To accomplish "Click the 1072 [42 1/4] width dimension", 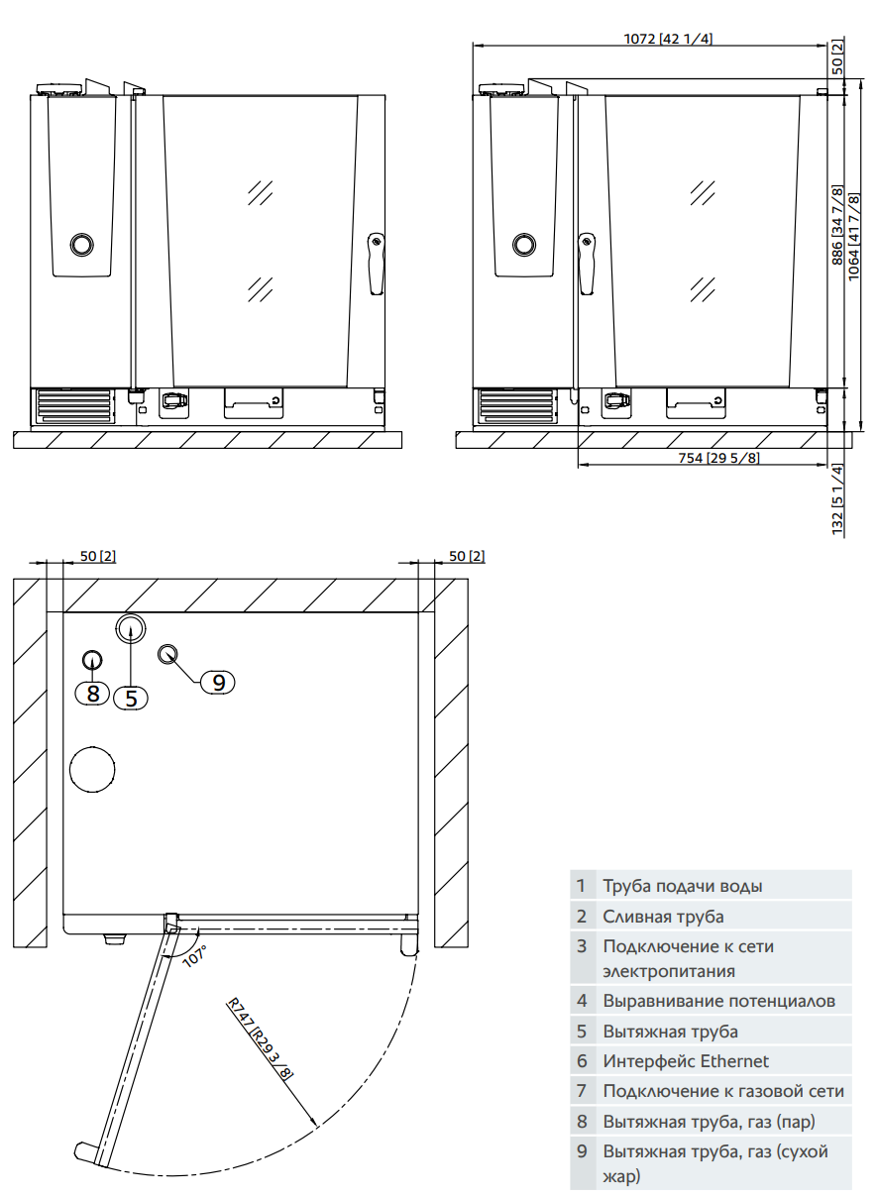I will tap(668, 39).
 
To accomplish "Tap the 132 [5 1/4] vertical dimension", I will tap(837, 499).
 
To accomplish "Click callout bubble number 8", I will tap(93, 693).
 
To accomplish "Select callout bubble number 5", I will tap(131, 698).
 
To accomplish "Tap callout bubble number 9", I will tap(218, 681).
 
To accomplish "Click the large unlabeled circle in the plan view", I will tap(92, 768).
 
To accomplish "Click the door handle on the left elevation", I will tap(376, 264).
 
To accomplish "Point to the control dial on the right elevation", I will tap(524, 244).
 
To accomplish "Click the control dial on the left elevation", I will tap(81, 244).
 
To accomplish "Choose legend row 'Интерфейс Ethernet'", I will tap(686, 1061).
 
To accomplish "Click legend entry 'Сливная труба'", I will tap(663, 917).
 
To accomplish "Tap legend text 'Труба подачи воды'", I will tap(683, 886).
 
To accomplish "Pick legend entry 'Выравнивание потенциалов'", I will tap(718, 1001).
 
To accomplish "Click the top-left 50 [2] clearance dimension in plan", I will tap(97, 556).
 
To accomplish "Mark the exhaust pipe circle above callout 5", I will tap(131, 626).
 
